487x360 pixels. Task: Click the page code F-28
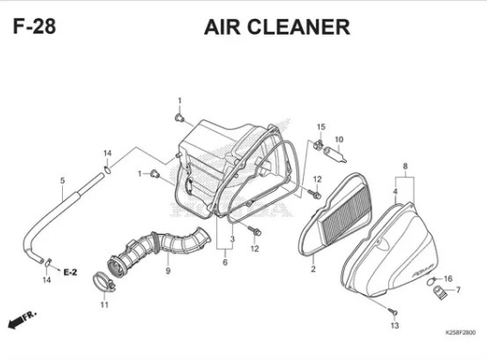tap(35, 26)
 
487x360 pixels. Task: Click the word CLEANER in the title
tap(299, 27)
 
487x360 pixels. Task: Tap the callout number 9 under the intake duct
tap(168, 271)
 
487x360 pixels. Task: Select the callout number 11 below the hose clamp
tap(104, 305)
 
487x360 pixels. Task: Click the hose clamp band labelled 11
tap(103, 280)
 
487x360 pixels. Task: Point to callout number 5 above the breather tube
tap(62, 180)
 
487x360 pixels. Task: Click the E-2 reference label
tap(71, 273)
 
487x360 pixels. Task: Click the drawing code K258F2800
tap(461, 333)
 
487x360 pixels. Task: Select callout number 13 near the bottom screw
tap(395, 326)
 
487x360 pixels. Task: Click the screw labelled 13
tap(393, 311)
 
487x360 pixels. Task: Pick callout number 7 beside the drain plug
tap(458, 290)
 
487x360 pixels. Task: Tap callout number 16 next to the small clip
tap(448, 278)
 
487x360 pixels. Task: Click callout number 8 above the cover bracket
tap(405, 166)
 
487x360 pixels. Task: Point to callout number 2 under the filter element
tap(313, 269)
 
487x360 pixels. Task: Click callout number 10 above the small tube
tap(339, 139)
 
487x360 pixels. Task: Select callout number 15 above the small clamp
tap(321, 127)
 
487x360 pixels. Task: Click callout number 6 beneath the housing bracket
tap(225, 262)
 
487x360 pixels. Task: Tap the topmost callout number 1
tap(180, 101)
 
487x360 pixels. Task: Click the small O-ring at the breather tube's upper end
tap(107, 170)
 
